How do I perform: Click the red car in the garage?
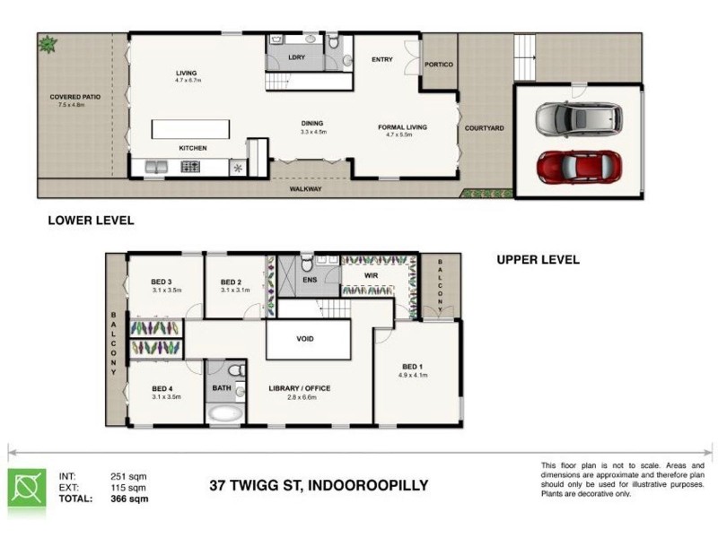(579, 165)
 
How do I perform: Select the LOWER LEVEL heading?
(91, 220)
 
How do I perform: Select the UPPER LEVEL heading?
(538, 260)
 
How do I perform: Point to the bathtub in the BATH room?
(224, 414)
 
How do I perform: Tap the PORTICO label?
(439, 65)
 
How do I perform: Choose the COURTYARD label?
(484, 128)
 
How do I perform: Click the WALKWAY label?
(305, 189)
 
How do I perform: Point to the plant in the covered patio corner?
(46, 42)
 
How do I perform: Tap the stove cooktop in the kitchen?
(191, 166)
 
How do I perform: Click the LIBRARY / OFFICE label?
(300, 388)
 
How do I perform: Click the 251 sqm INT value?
(129, 476)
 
